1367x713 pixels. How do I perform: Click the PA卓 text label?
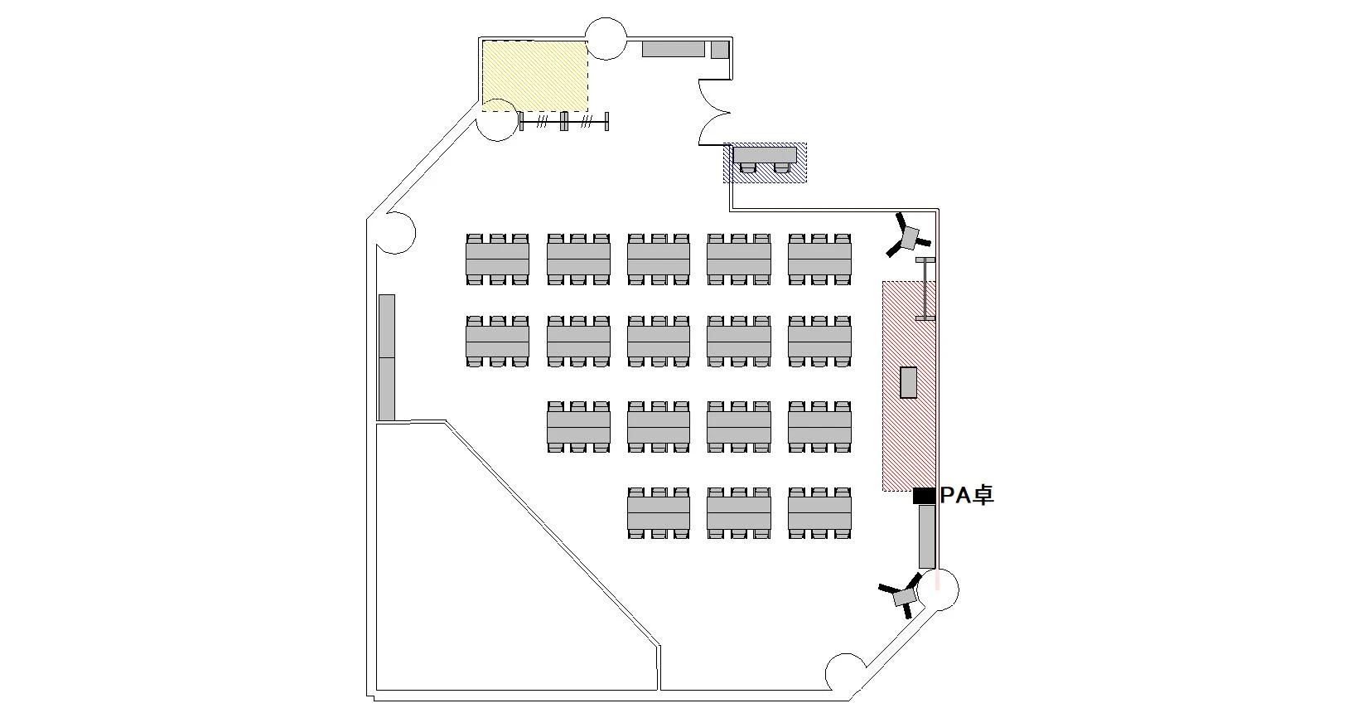(x=967, y=496)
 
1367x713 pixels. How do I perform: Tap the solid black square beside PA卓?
(x=924, y=496)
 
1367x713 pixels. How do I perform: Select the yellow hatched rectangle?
(x=535, y=75)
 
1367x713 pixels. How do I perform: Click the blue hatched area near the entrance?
(x=766, y=162)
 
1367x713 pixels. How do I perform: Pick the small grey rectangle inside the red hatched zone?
(x=909, y=382)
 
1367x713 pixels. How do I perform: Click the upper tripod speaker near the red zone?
(x=909, y=237)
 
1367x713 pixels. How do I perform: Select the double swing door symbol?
(x=713, y=111)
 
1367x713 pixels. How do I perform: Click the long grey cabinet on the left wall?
(x=387, y=357)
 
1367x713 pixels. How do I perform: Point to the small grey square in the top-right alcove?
(x=719, y=49)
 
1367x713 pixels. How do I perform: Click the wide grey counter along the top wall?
(x=674, y=49)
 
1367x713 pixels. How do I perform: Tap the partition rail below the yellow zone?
(x=564, y=122)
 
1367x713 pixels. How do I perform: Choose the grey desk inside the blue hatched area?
(x=765, y=155)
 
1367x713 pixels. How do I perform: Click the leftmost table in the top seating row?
(x=497, y=259)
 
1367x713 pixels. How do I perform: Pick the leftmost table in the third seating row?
(x=578, y=428)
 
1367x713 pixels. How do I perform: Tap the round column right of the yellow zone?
(x=606, y=39)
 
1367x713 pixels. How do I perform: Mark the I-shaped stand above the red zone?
(x=925, y=289)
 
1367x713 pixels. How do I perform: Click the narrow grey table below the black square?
(x=927, y=536)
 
